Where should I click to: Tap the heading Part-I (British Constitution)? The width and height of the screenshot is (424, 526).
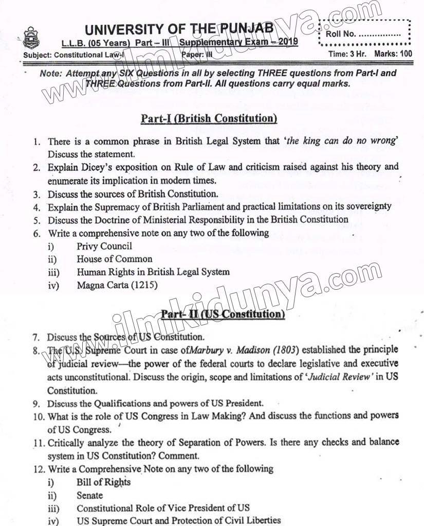click(209, 119)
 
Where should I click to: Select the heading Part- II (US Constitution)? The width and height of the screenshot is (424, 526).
click(223, 314)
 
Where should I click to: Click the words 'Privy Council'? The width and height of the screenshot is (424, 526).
click(104, 246)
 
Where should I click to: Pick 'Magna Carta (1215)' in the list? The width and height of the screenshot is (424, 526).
click(117, 285)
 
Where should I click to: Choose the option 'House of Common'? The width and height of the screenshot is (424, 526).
click(115, 259)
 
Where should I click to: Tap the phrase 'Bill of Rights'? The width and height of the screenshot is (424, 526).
click(103, 482)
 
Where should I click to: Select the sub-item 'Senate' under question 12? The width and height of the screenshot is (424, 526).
click(89, 496)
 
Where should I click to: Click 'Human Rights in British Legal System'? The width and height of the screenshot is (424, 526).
click(153, 272)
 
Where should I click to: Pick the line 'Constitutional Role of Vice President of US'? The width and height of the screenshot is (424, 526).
click(163, 508)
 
